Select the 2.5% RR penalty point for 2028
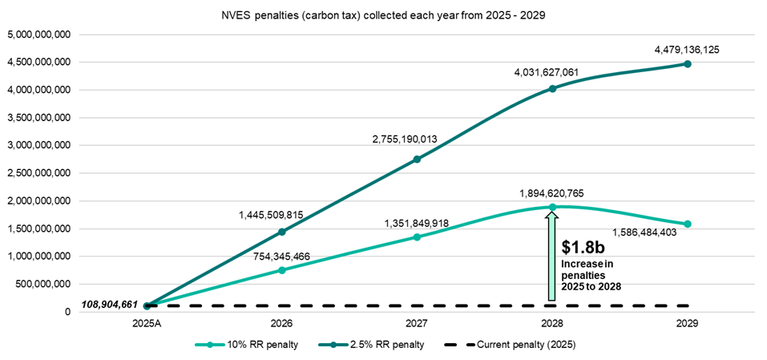pyautogui.click(x=552, y=88)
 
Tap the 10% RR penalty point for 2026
pyautogui.click(x=281, y=270)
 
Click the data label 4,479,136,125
pyautogui.click(x=687, y=50)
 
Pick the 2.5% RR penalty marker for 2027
pyautogui.click(x=417, y=159)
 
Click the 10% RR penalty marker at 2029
pyautogui.click(x=688, y=224)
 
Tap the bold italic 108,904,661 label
pyautogui.click(x=110, y=305)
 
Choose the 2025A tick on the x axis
pyautogui.click(x=146, y=325)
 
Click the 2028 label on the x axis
pyautogui.click(x=552, y=325)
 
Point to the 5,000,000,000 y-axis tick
pyautogui.click(x=38, y=34)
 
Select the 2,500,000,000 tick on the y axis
pyautogui.click(x=38, y=173)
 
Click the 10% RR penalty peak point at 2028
pyautogui.click(x=552, y=207)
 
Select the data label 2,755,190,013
pyautogui.click(x=416, y=140)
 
